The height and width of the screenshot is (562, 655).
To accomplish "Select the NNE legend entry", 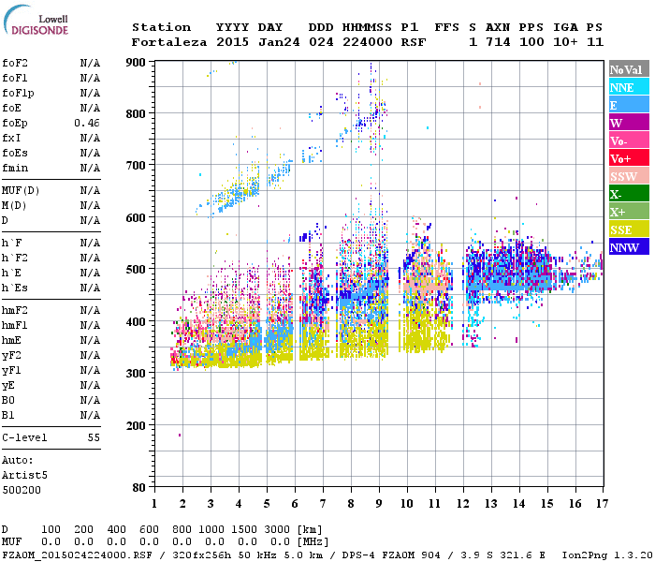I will pos(629,87).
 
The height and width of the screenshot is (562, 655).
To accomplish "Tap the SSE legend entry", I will pos(629,229).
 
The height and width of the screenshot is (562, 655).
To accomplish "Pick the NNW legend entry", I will pos(629,247).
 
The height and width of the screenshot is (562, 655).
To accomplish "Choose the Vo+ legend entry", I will pos(629,158).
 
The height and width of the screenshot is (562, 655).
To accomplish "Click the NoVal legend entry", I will pos(629,69).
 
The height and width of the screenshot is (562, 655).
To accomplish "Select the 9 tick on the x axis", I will pos(379,504).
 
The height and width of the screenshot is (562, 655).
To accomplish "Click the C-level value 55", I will pos(94,437).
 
